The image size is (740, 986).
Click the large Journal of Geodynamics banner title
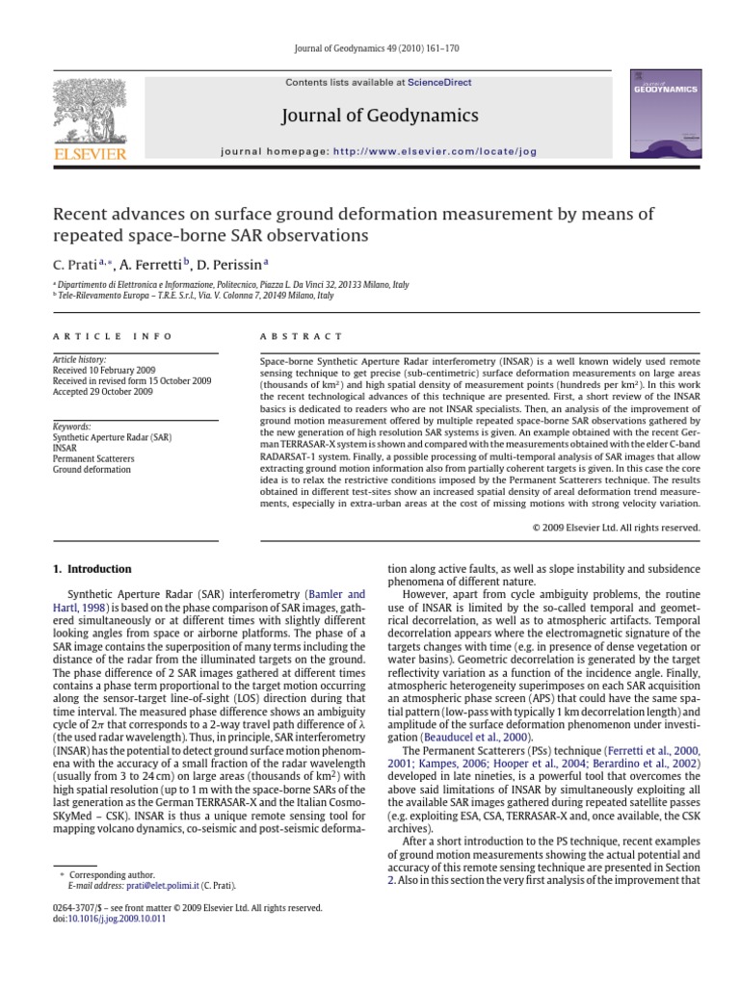point(380,116)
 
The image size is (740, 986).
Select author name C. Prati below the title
point(76,262)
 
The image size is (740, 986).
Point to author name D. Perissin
point(234,262)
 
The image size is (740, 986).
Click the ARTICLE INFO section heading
point(114,336)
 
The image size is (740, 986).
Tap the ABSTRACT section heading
point(302,336)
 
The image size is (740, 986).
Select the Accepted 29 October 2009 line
point(103,392)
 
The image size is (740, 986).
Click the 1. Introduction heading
point(92,569)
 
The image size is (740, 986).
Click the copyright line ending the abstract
point(616,527)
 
